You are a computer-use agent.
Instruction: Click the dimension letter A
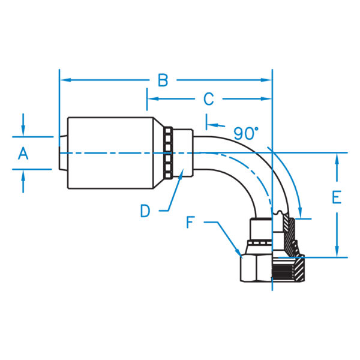coord(23,154)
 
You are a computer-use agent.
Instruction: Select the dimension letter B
coord(163,80)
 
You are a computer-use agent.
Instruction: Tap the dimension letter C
coord(208,99)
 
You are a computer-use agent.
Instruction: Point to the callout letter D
coord(145,211)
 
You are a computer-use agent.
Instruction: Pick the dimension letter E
coord(337,197)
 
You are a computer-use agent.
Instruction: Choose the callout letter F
coord(191,222)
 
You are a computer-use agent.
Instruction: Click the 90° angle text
coord(246,134)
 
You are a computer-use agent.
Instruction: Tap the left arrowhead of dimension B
coord(65,80)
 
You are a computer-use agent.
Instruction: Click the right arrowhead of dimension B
coord(266,80)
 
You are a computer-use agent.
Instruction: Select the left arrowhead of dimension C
coord(152,99)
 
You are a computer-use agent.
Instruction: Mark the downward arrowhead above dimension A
coord(23,131)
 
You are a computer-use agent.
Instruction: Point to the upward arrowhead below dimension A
coord(23,175)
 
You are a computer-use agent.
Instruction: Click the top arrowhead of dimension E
coord(337,158)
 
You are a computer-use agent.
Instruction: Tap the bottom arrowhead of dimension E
coord(337,251)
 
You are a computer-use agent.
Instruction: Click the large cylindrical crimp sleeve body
coord(110,153)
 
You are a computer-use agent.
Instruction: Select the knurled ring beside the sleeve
coord(168,153)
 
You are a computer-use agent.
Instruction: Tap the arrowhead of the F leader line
coord(238,251)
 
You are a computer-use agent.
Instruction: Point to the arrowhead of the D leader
coord(181,174)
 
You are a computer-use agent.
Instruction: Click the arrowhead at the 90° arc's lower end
coord(299,212)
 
